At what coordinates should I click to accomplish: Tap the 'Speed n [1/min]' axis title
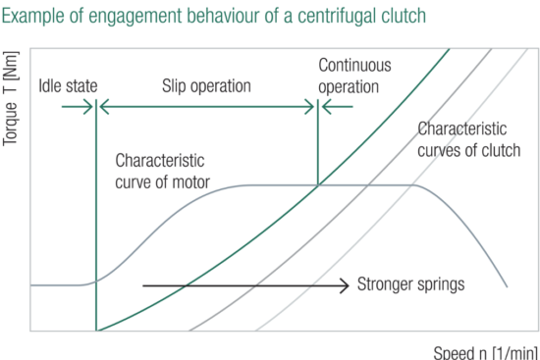485,350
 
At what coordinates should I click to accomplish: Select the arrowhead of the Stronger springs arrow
346,285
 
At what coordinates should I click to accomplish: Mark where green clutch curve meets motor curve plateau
317,184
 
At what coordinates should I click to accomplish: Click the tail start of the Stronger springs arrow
143,285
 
